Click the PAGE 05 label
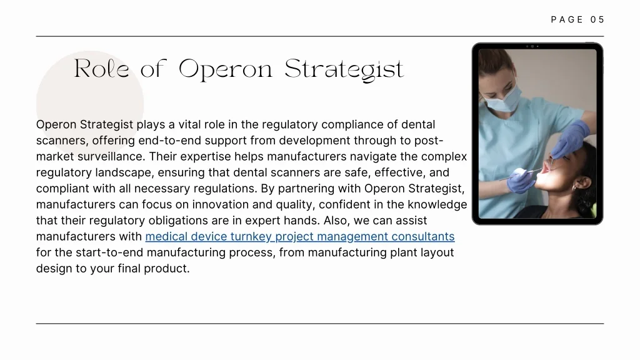[577, 19]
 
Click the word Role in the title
[102, 69]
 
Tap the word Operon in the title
[225, 69]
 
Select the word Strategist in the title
[344, 69]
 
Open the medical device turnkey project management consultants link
[300, 236]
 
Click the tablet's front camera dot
[532, 46]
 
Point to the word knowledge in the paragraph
[437, 204]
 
